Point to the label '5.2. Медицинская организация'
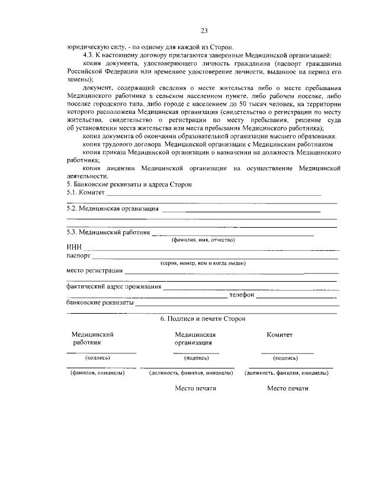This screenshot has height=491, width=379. [113, 209]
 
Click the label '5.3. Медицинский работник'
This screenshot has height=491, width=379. [108, 232]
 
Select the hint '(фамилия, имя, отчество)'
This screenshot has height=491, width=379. [203, 240]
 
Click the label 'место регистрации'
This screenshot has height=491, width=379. [94, 271]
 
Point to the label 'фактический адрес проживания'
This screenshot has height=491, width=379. [114, 286]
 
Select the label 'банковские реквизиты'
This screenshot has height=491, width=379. [100, 302]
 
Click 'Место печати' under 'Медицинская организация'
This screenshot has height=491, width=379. [195, 389]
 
